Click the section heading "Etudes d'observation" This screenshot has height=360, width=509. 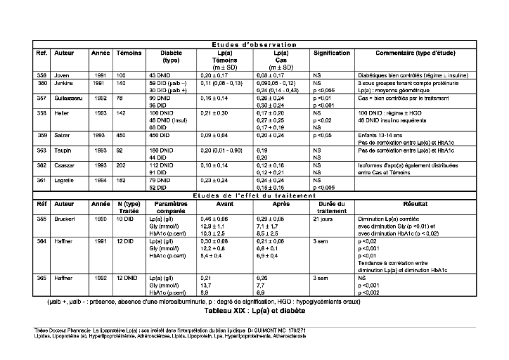[x=254, y=45]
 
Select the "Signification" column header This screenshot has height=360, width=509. [x=332, y=53]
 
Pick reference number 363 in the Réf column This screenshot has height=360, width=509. [x=43, y=150]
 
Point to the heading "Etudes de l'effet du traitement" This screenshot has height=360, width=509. [x=254, y=195]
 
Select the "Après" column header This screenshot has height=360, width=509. [x=281, y=204]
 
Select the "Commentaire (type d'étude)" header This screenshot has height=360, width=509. [x=414, y=53]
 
